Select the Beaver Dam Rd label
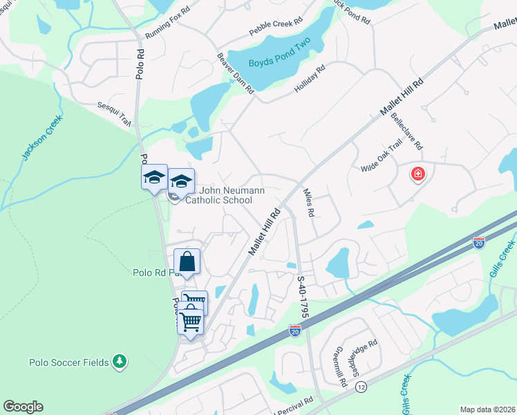click(236, 73)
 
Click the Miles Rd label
click(309, 203)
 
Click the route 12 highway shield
click(361, 387)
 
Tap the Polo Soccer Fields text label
click(69, 362)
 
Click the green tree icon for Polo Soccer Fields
click(120, 361)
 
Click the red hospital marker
click(417, 174)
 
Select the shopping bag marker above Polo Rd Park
click(187, 261)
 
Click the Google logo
click(23, 407)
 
